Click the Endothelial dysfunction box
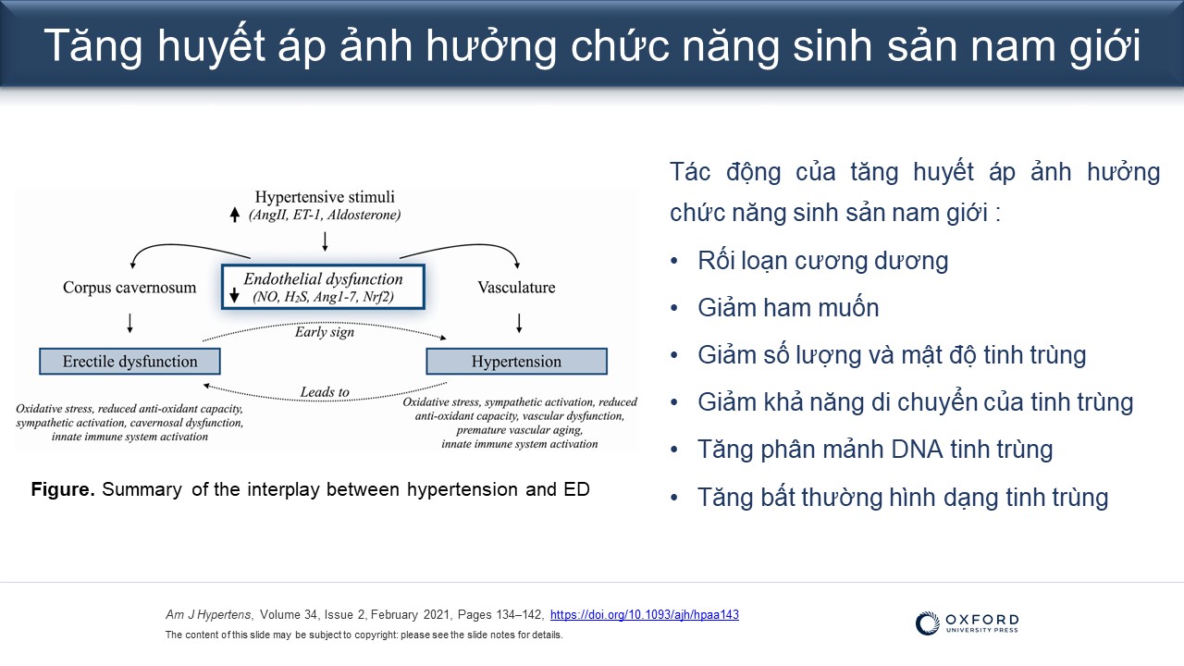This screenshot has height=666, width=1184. click(323, 287)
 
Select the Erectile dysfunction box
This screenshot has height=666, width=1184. click(130, 362)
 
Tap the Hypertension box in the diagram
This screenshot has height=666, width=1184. click(516, 362)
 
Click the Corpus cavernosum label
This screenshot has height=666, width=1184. click(129, 288)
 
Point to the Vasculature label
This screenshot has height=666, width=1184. click(516, 288)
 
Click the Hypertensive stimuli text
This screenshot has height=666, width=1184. click(325, 197)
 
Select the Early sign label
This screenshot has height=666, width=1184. click(325, 332)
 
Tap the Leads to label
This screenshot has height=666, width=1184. click(325, 392)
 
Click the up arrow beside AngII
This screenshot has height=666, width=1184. click(235, 215)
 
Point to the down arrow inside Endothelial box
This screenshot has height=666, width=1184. click(235, 296)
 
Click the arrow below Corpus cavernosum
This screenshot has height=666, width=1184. click(130, 323)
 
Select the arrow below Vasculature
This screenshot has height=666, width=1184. click(519, 323)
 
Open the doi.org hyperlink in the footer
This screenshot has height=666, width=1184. click(645, 615)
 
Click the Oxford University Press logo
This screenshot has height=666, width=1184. click(967, 623)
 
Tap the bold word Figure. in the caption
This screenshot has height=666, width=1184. click(63, 489)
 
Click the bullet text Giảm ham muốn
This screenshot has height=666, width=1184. click(788, 308)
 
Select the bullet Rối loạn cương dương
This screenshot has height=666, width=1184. click(823, 261)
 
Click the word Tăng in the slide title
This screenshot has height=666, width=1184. click(93, 46)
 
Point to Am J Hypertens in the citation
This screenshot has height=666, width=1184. click(209, 615)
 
